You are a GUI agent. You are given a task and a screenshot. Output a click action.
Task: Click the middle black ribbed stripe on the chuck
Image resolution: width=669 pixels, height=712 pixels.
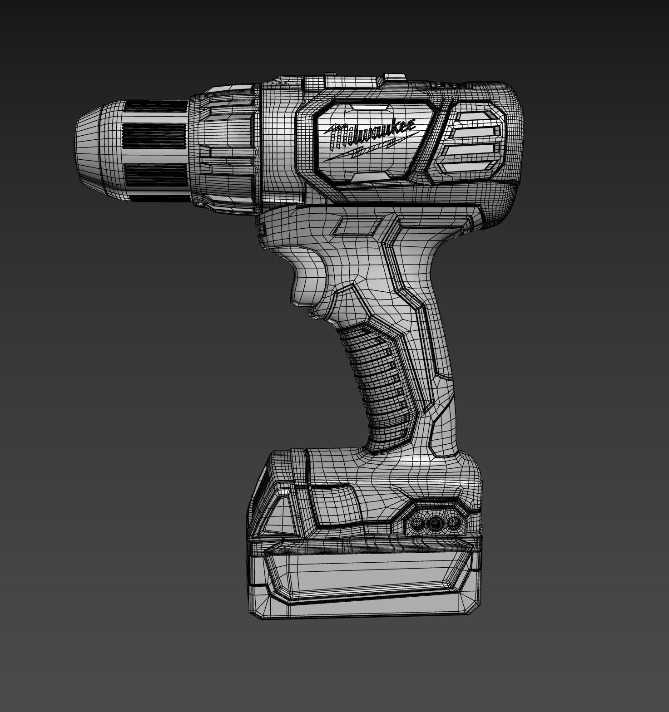[155, 137]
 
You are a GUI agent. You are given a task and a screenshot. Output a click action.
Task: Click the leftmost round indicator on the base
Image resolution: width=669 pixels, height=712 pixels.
[416, 524]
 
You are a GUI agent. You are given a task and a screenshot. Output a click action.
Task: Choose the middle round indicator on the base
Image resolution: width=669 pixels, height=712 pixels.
[435, 524]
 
